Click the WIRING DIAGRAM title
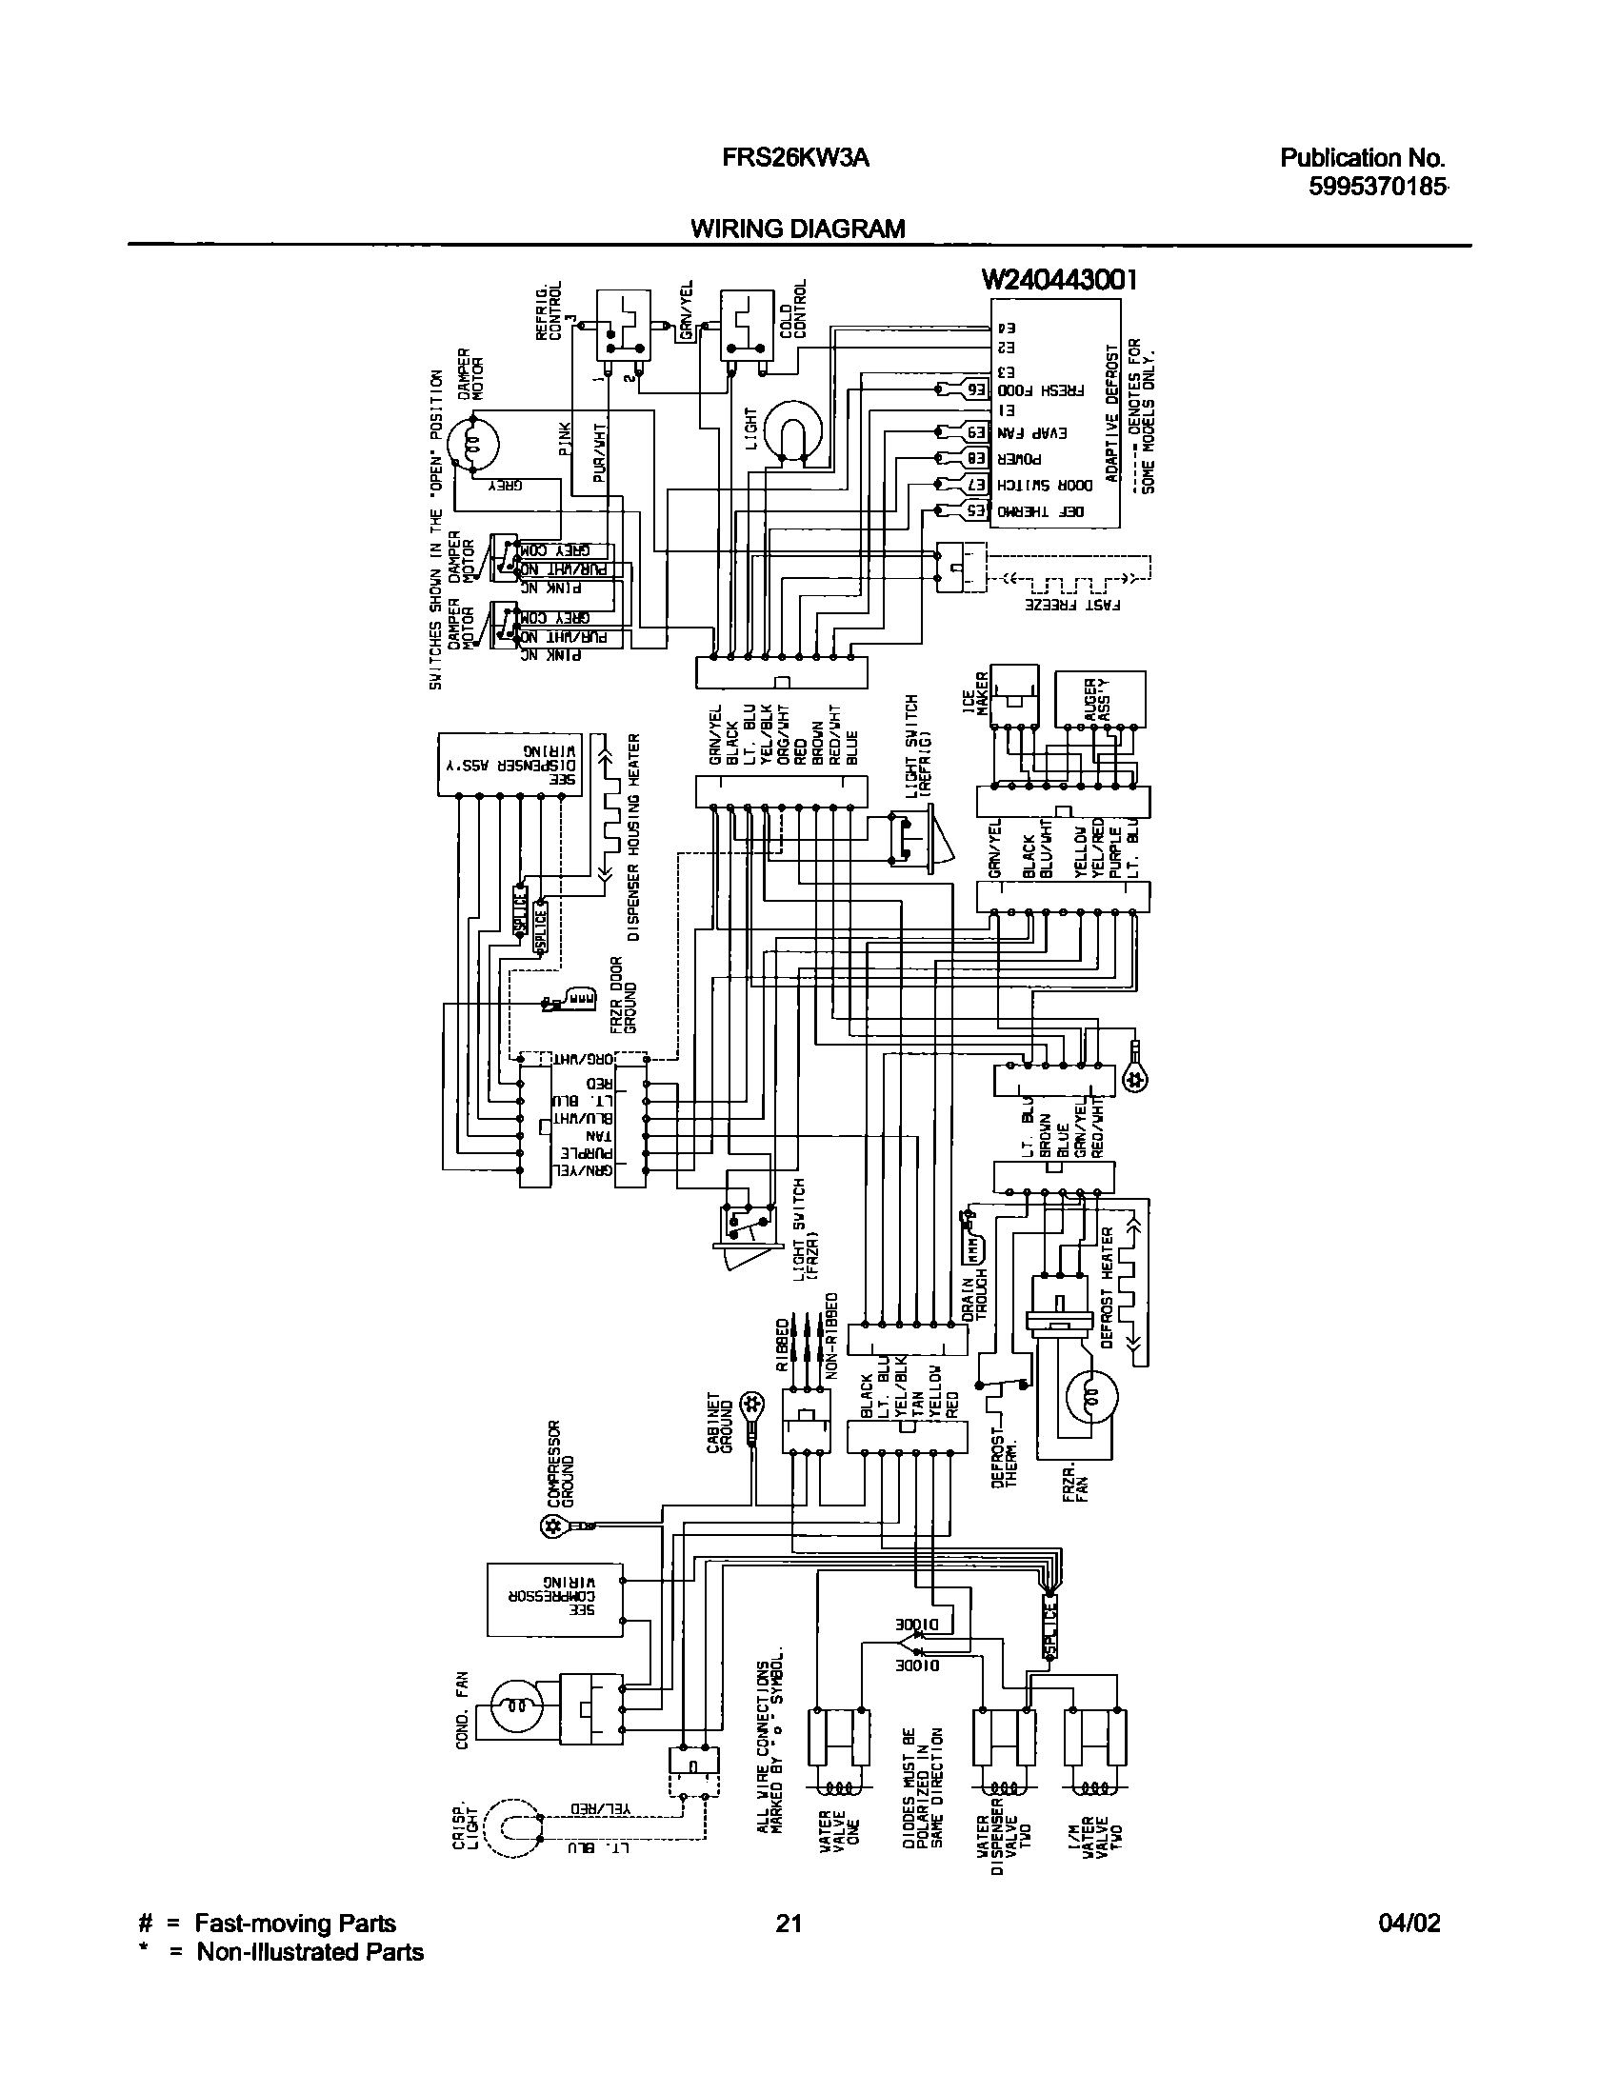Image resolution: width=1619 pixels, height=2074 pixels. [797, 229]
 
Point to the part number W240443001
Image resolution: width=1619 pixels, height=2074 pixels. [1060, 280]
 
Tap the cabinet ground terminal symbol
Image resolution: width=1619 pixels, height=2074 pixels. [753, 1403]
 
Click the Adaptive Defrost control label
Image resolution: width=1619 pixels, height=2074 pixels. [1111, 429]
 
